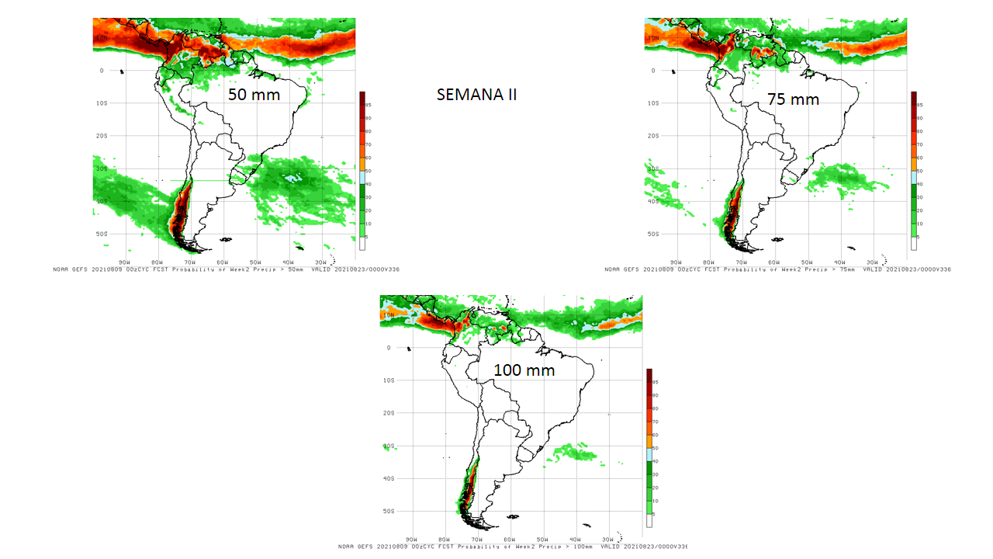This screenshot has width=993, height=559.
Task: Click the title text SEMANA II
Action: [x=476, y=95]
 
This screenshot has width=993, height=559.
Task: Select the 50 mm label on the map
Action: [x=254, y=95]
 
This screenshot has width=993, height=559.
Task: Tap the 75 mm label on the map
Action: [x=793, y=99]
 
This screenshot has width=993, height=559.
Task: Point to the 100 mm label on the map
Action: [x=524, y=370]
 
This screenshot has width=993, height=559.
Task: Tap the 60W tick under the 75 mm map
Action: [x=773, y=262]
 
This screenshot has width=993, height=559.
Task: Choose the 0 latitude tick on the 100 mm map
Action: [x=389, y=348]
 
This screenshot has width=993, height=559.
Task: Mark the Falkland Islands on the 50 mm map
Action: [x=226, y=240]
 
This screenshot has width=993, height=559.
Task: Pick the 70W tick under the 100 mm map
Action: [x=477, y=539]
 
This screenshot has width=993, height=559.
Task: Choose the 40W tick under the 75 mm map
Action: [x=839, y=262]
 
